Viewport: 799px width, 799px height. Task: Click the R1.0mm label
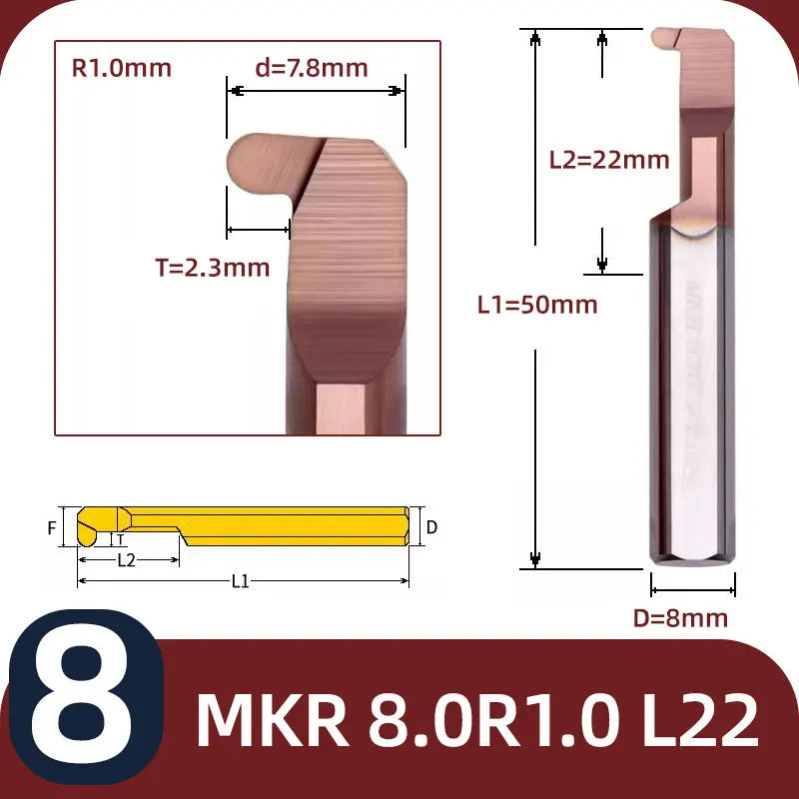[x=122, y=68]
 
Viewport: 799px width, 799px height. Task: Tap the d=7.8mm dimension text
[x=312, y=68]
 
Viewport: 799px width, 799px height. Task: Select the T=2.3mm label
[x=212, y=267]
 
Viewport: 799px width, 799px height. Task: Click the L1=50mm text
[x=537, y=305]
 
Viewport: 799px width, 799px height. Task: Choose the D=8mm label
[x=680, y=617]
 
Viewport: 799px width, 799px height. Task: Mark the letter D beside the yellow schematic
[x=431, y=526]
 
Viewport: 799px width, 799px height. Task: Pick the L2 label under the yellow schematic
[x=126, y=560]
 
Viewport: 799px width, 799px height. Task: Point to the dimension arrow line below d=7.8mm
[x=316, y=91]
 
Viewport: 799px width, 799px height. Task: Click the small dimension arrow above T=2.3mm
[x=259, y=231]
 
